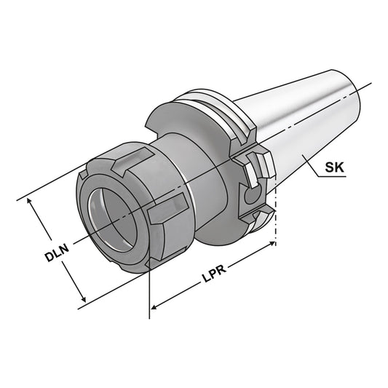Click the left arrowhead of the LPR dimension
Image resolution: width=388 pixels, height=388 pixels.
coord(154,311)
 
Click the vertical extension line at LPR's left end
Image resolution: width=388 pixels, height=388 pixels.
coord(149,291)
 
